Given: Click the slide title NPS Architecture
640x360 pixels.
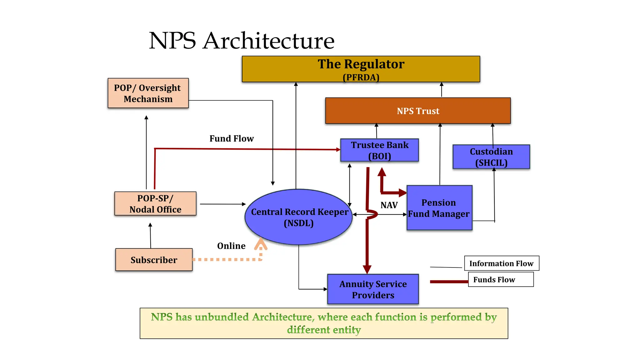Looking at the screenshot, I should pos(242,41).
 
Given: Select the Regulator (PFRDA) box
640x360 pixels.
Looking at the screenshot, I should pos(361,69).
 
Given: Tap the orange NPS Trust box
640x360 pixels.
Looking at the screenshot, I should pos(418,111).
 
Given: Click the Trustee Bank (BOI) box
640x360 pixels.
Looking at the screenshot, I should pos(379,150).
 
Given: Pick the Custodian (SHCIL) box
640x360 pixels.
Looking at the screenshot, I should pos(491,157).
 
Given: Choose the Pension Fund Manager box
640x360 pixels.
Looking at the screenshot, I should pos(439,208).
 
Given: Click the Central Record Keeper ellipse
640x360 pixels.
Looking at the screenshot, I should pos(299,217).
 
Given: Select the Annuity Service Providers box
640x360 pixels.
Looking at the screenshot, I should pos(373,289).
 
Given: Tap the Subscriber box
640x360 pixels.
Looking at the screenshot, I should pos(154,260).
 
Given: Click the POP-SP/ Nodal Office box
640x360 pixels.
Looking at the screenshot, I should pos(155,204).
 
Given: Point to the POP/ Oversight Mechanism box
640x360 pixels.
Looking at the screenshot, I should pos(148,93).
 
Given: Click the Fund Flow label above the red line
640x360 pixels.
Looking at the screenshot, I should pos(232,138).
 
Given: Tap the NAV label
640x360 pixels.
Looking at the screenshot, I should pos(389,205).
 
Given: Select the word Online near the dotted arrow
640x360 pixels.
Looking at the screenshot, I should pos(231,246).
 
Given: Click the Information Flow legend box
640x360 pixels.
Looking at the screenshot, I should pos(501,263).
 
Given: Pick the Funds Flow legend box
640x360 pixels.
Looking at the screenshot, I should pos(500,279).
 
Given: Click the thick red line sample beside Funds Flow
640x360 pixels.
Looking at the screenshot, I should pos(449,282).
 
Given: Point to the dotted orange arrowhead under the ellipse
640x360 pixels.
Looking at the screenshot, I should pos(261,244).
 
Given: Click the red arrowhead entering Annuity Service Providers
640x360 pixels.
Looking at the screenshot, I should pos(367,269).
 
